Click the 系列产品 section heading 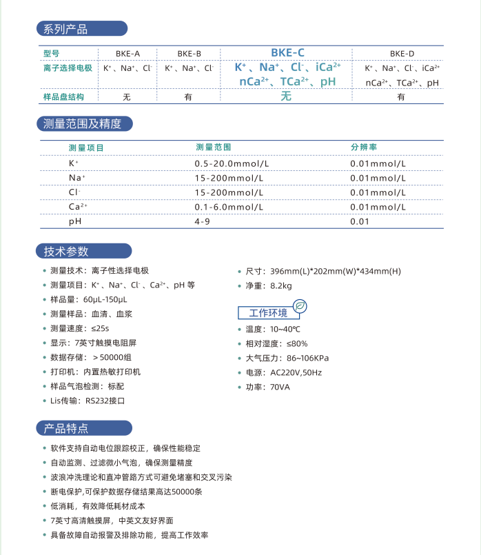point(65,29)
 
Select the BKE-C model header point(287,52)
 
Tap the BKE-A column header point(127,53)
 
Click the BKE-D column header point(402,53)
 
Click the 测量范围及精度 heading point(82,124)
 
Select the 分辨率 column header point(364,148)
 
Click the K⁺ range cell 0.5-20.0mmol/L point(232,163)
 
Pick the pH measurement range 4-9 point(203,221)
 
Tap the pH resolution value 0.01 point(360,221)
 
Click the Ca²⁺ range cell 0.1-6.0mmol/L point(228,207)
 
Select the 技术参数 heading point(66,251)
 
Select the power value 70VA point(280,387)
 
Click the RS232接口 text point(105,401)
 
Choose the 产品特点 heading point(66,428)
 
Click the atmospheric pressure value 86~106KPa point(298,358)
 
